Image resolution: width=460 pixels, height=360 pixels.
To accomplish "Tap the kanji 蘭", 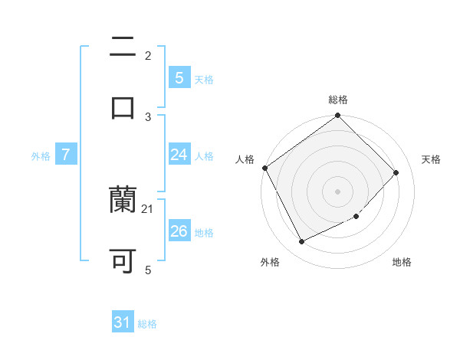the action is [123, 201].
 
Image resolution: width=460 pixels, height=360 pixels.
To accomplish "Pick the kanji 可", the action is [123, 260].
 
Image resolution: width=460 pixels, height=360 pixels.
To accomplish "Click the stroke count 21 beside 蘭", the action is [148, 209].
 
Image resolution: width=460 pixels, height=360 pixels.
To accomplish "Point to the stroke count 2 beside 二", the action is [148, 55].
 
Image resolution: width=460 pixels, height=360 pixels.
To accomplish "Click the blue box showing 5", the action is [179, 77].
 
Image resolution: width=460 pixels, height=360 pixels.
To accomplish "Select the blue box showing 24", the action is [179, 155].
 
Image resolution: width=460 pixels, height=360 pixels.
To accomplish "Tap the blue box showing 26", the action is [179, 231].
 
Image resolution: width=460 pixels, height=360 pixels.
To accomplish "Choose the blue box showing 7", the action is [66, 155].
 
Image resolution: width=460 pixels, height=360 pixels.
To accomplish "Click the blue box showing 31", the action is [123, 323].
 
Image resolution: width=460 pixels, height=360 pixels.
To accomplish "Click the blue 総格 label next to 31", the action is [147, 324].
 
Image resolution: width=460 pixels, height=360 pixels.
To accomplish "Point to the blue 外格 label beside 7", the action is [41, 155].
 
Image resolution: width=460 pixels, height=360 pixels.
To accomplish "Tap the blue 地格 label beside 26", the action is [204, 232].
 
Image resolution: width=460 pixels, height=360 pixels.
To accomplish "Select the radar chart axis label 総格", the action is [338, 100].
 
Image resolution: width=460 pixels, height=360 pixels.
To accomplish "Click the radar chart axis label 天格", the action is [431, 159].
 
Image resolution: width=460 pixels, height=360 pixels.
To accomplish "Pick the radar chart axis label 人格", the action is [245, 159].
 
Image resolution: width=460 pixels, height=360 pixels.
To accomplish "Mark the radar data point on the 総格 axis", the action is [338, 116].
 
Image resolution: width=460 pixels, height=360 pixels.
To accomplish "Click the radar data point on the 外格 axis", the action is [301, 242].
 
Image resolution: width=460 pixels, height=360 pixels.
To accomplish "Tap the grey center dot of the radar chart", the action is [338, 191].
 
